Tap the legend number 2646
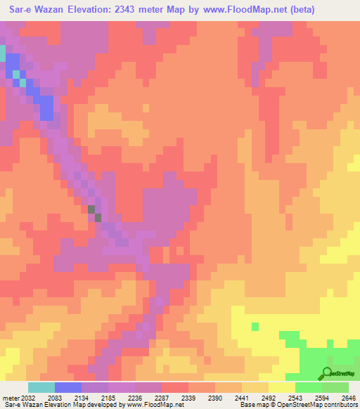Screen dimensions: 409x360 [348, 398]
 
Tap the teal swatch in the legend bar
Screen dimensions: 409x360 [41, 387]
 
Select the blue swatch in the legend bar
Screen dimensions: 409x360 [68, 387]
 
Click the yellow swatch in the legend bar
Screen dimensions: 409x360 [281, 387]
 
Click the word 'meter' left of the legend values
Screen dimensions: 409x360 [9, 398]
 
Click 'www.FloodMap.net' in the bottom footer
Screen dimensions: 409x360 [154, 405]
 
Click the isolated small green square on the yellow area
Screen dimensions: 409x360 [255, 326]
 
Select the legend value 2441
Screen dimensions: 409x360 [243, 398]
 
